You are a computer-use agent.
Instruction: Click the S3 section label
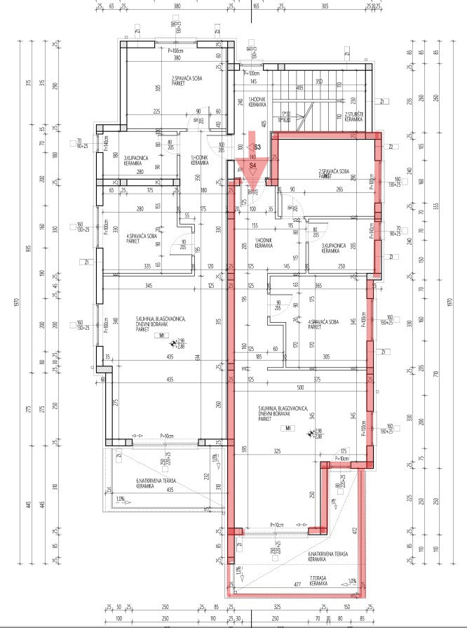(x=257, y=147)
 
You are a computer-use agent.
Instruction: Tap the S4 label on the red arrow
(x=252, y=166)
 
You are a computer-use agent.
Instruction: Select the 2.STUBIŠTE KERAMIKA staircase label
(x=353, y=117)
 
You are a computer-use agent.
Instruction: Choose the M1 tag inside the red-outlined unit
(x=286, y=427)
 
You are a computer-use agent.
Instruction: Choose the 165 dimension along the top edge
(x=256, y=5)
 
